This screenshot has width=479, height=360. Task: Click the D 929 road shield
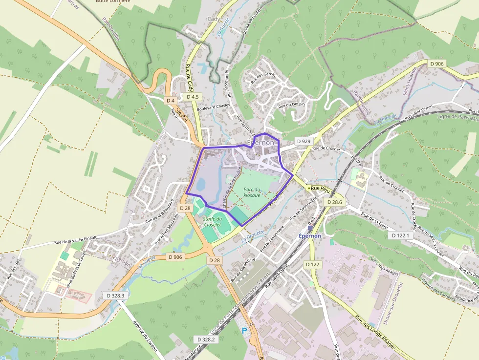(304, 141)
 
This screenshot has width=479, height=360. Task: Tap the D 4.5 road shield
(193, 97)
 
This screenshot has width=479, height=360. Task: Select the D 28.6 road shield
(334, 202)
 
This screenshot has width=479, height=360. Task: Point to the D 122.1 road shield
(400, 235)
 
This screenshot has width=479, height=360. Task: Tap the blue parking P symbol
(244, 331)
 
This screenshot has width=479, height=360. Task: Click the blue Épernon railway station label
(310, 236)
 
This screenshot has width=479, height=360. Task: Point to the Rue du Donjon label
(291, 105)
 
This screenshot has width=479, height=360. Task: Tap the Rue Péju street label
(321, 188)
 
